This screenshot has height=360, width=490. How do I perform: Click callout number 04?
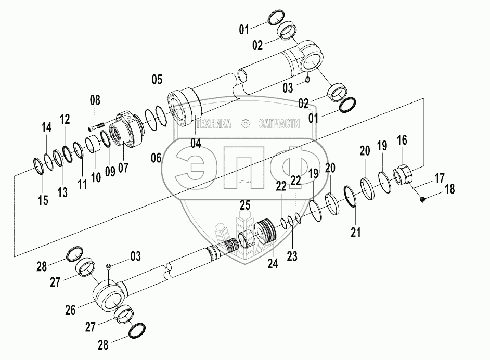[x=195, y=143]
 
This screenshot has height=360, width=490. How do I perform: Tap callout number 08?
[x=95, y=100]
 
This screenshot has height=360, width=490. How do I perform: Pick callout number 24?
[x=273, y=264]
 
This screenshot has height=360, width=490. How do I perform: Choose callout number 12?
[x=65, y=119]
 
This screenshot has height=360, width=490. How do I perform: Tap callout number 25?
[x=244, y=206]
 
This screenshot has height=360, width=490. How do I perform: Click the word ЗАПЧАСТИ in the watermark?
[x=279, y=123]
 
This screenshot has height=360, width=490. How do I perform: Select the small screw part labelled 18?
[x=422, y=198]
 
